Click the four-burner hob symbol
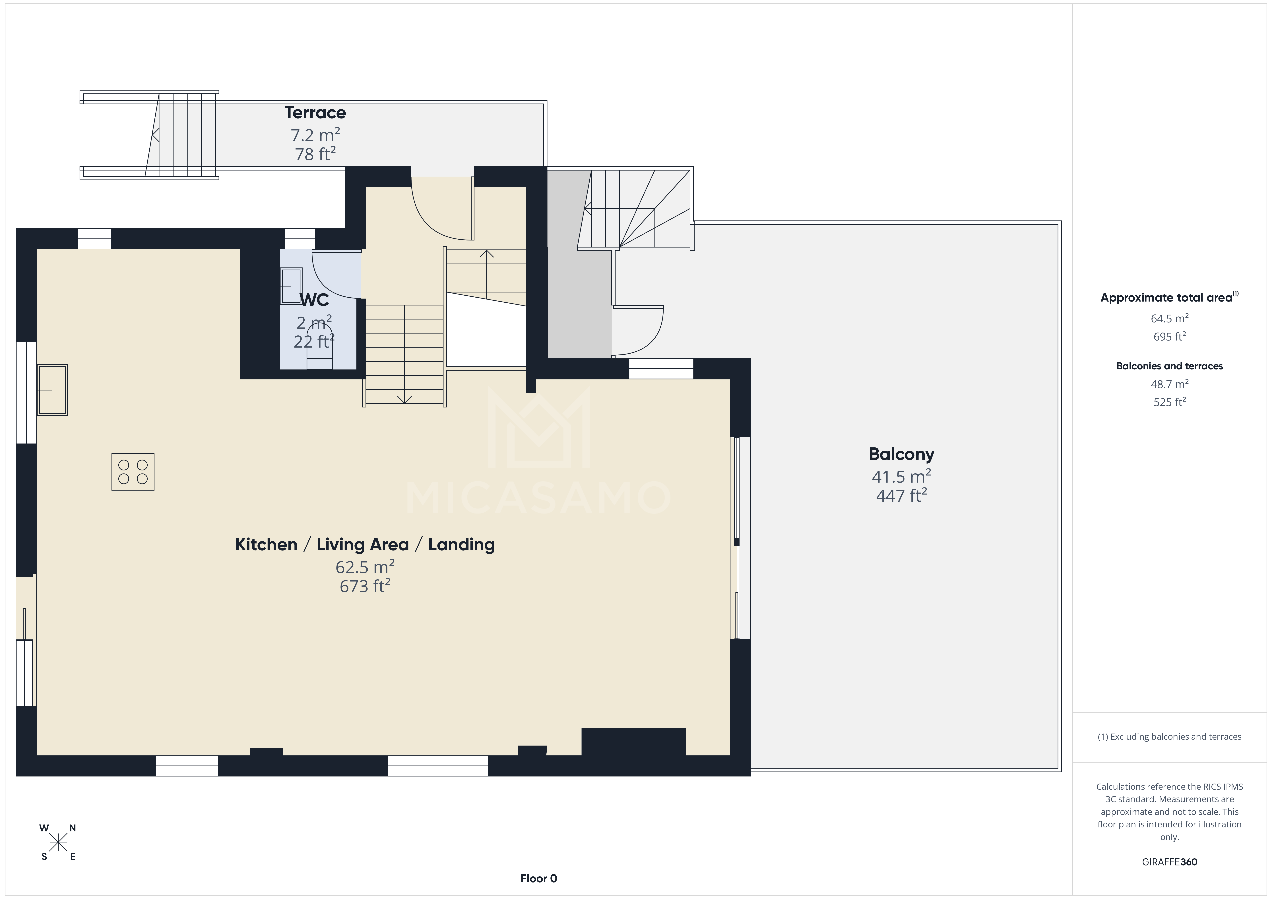(x=133, y=472)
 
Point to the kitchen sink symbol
(x=52, y=390)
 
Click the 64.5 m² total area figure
(x=1169, y=319)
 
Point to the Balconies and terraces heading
(x=1169, y=366)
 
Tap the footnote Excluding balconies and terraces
(x=1169, y=737)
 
